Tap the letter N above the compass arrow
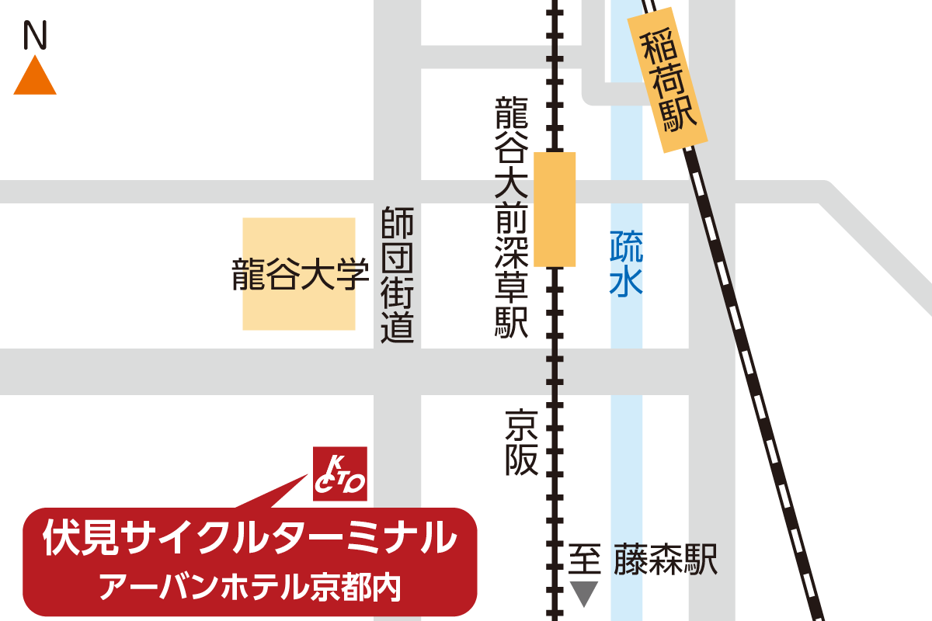[x=35, y=34]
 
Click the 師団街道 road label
[x=398, y=275]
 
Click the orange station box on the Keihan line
[x=555, y=210]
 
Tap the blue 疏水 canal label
[x=626, y=265]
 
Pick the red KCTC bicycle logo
[x=339, y=474]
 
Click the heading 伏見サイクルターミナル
[x=249, y=536]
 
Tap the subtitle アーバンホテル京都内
[x=249, y=586]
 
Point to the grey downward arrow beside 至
[x=585, y=593]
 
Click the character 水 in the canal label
[x=626, y=281]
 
